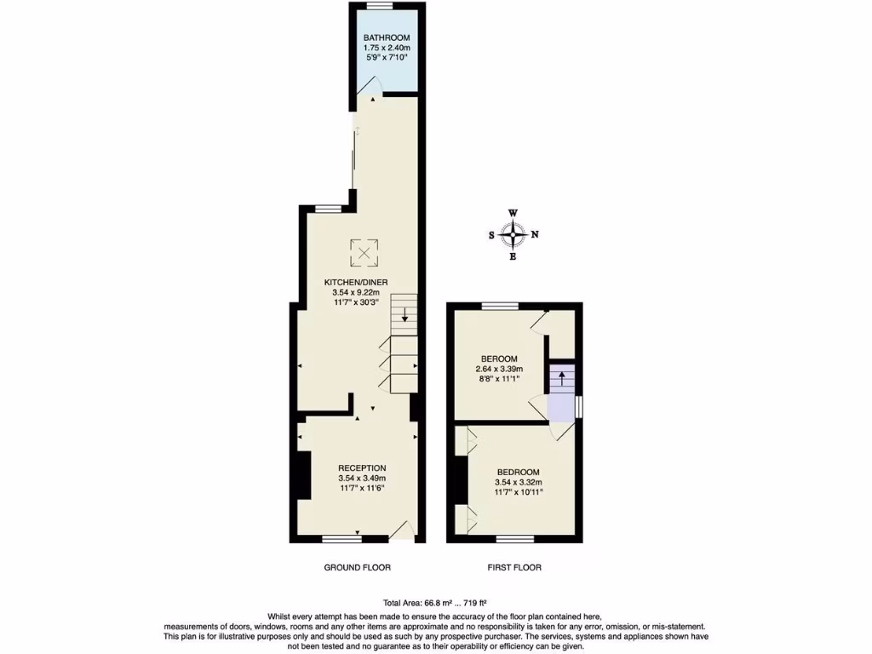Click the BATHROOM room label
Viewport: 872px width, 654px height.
387,37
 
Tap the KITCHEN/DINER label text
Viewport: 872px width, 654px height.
358,282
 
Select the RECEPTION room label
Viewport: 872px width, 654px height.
362,468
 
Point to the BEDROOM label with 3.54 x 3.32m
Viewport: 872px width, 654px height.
518,472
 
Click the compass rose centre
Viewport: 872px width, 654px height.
513,234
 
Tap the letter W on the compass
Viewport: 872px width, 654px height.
513,213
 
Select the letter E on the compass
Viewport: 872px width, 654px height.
513,256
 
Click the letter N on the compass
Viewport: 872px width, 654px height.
535,235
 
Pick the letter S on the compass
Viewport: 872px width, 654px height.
491,235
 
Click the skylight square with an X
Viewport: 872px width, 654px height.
364,251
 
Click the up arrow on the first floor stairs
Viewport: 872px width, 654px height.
561,377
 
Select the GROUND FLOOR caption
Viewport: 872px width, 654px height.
358,567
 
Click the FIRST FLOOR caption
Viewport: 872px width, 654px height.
514,567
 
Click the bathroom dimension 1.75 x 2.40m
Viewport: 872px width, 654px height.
387,49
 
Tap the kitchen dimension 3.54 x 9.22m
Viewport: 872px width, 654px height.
358,293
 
